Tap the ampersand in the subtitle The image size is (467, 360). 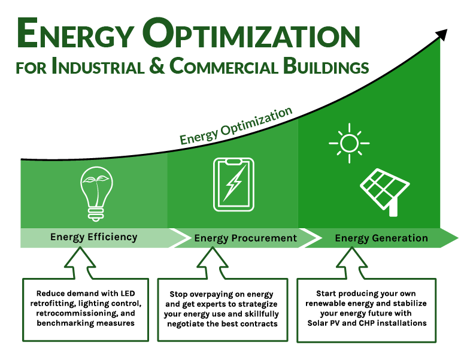[x=156, y=66]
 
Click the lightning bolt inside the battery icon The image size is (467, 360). [x=233, y=184]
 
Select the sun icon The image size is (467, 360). [x=348, y=143]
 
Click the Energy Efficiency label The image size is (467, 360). [x=93, y=237]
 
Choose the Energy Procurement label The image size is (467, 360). [x=245, y=238]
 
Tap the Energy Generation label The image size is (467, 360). [x=381, y=238]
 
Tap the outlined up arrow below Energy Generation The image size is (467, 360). [x=349, y=264]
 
